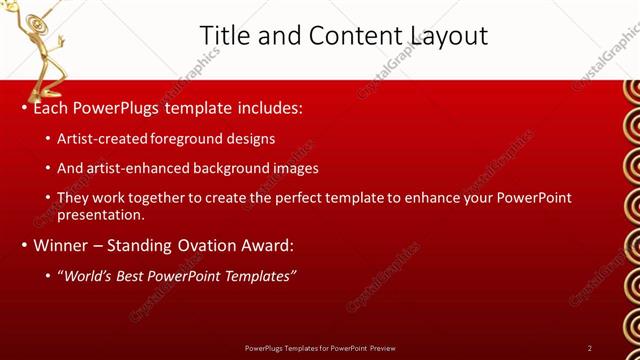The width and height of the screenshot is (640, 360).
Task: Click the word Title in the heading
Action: (225, 36)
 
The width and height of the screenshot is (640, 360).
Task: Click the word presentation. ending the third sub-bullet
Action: (102, 214)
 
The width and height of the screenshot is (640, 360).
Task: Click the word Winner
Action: (62, 245)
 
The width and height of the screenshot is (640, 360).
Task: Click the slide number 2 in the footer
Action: (590, 348)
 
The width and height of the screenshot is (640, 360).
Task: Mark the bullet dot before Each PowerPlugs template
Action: (24, 107)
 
